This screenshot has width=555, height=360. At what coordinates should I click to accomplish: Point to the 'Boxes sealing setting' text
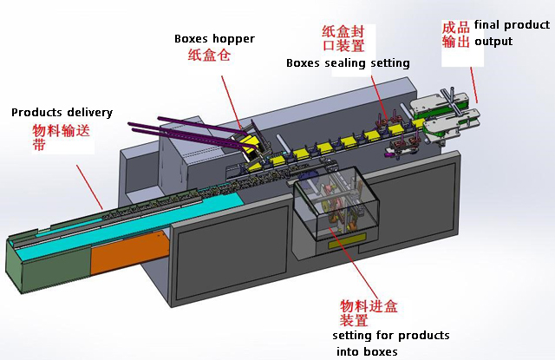click(348, 63)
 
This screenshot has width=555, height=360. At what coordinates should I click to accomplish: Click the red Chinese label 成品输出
click(456, 35)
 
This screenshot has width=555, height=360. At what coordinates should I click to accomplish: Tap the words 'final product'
click(512, 26)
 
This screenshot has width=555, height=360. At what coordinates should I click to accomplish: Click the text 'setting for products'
click(391, 335)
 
